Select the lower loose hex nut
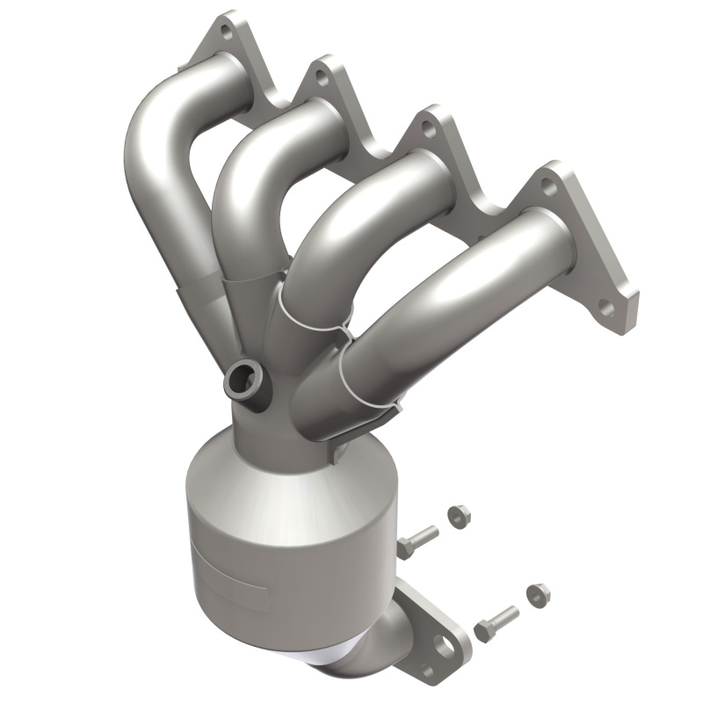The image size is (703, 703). [538, 595]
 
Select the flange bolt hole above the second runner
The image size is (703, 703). [323, 78]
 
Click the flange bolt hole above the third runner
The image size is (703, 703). [429, 129]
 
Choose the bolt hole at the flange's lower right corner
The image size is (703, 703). [605, 308]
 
